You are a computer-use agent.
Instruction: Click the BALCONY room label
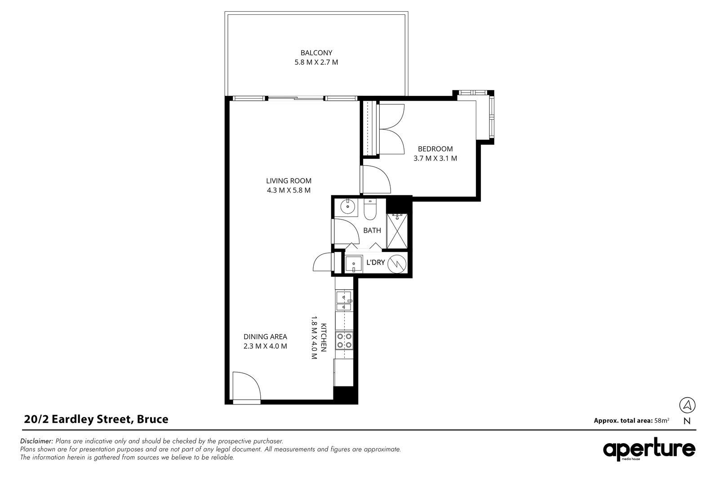coord(316,53)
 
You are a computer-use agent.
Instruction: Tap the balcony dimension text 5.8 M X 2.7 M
coord(316,63)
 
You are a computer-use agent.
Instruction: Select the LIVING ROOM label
coord(288,181)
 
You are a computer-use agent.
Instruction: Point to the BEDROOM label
coord(435,149)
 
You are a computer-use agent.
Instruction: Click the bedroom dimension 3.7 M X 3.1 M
coord(435,158)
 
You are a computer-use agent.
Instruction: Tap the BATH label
coord(372,230)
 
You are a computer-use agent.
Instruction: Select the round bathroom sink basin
coord(347,206)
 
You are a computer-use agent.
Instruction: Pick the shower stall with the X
coord(397,231)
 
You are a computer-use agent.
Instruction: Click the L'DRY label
coord(376,262)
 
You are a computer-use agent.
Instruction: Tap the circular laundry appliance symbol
coord(397,264)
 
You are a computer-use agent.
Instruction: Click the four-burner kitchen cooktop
coord(344,341)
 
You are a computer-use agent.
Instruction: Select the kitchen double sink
coord(344,301)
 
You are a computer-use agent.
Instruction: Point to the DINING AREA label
coord(265,336)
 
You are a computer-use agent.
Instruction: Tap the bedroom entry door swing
coord(375,179)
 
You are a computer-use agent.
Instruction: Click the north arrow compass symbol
coord(687,405)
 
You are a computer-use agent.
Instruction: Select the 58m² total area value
coord(662,420)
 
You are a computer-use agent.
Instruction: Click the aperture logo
coord(649,449)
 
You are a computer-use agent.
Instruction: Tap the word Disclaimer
coord(36,441)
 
